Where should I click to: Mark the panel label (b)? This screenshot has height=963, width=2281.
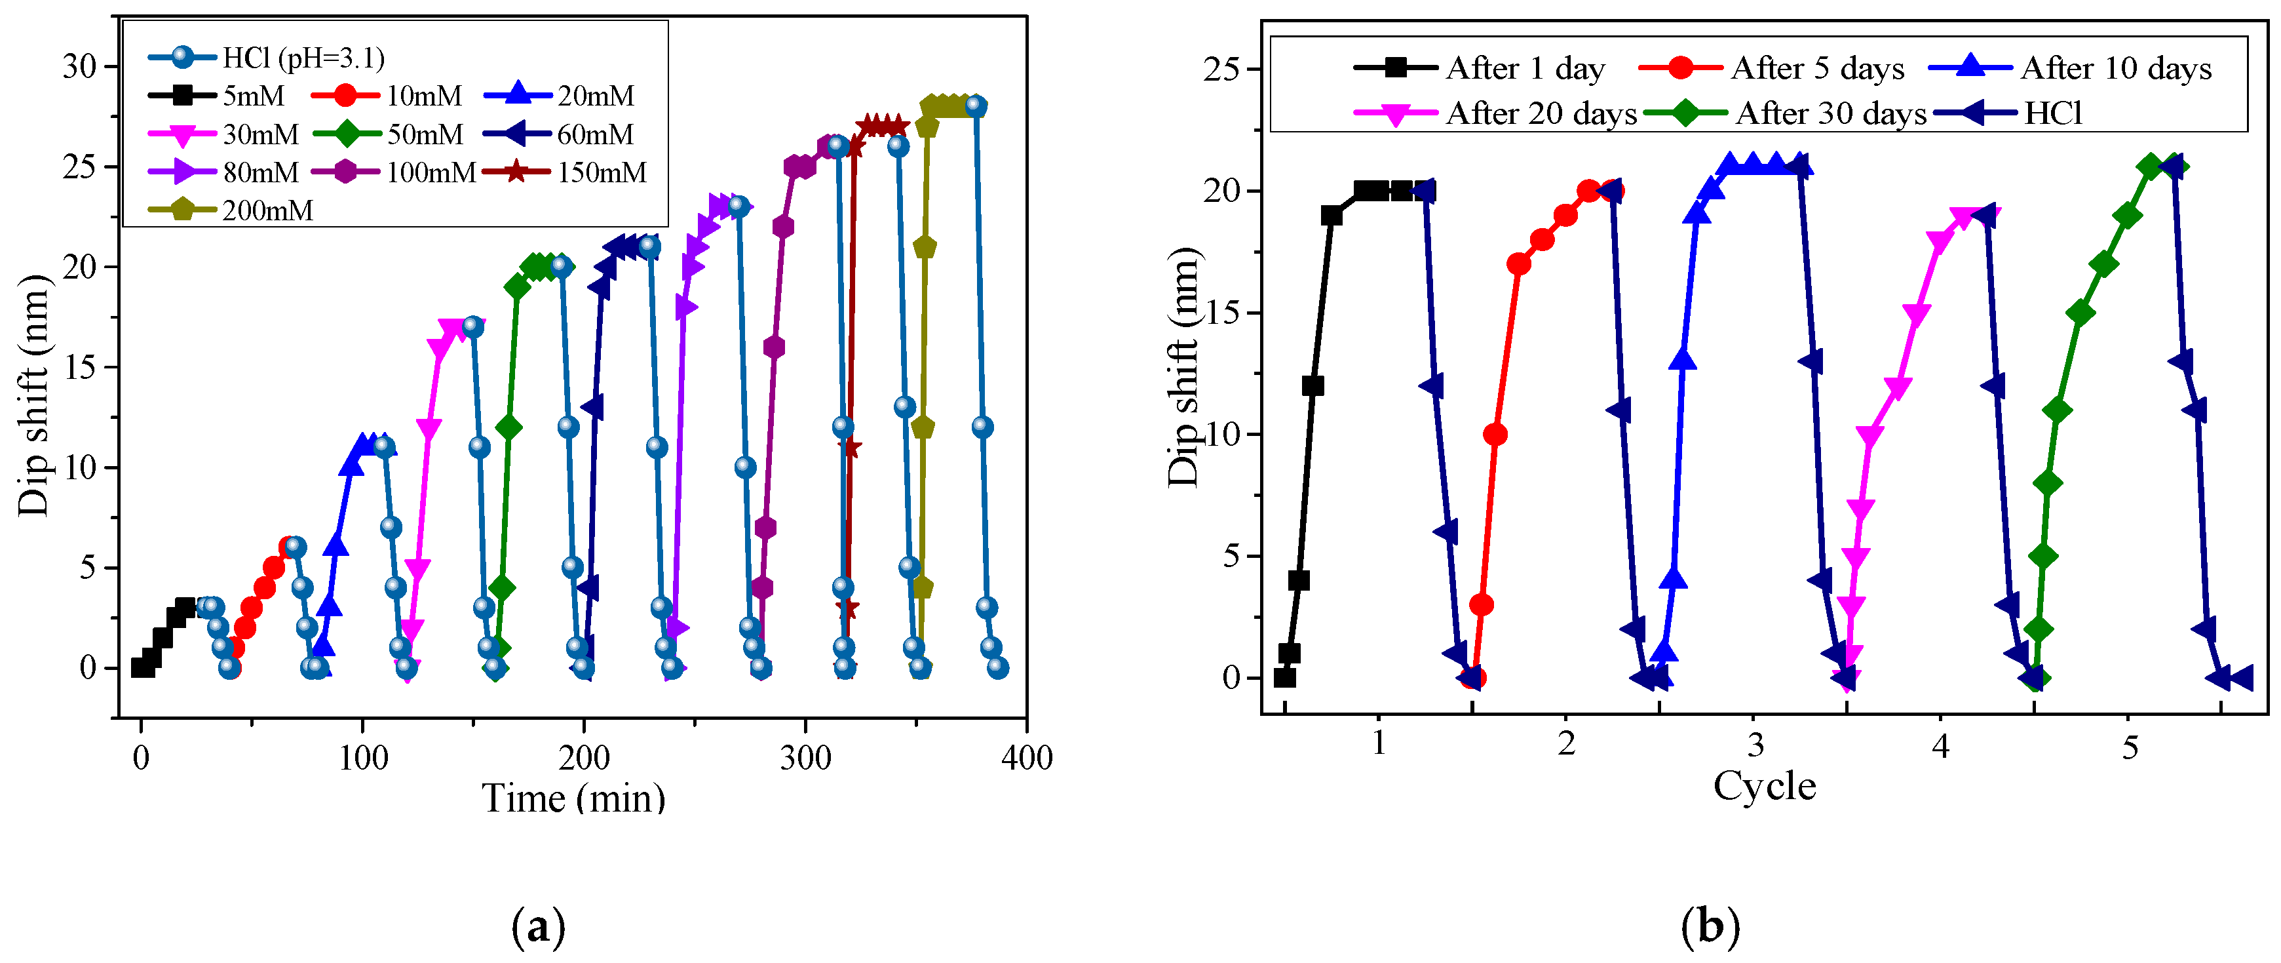[1710, 928]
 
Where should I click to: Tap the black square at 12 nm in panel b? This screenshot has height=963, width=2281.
[1313, 385]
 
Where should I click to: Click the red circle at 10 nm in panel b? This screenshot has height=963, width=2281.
[1495, 434]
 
